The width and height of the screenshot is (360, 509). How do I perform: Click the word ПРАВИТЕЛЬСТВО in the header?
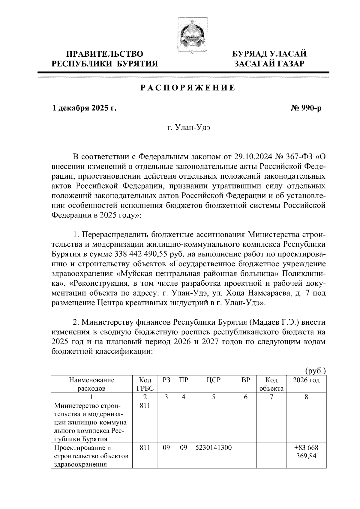[105, 54]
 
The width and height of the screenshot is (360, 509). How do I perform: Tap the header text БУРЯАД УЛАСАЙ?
[270, 54]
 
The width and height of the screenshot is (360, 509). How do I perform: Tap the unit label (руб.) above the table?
[315, 371]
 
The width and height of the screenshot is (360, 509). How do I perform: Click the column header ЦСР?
[213, 380]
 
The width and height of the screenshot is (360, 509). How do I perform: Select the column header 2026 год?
[306, 380]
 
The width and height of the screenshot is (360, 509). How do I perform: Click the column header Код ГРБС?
[145, 384]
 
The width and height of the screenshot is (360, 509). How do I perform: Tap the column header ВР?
[246, 380]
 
